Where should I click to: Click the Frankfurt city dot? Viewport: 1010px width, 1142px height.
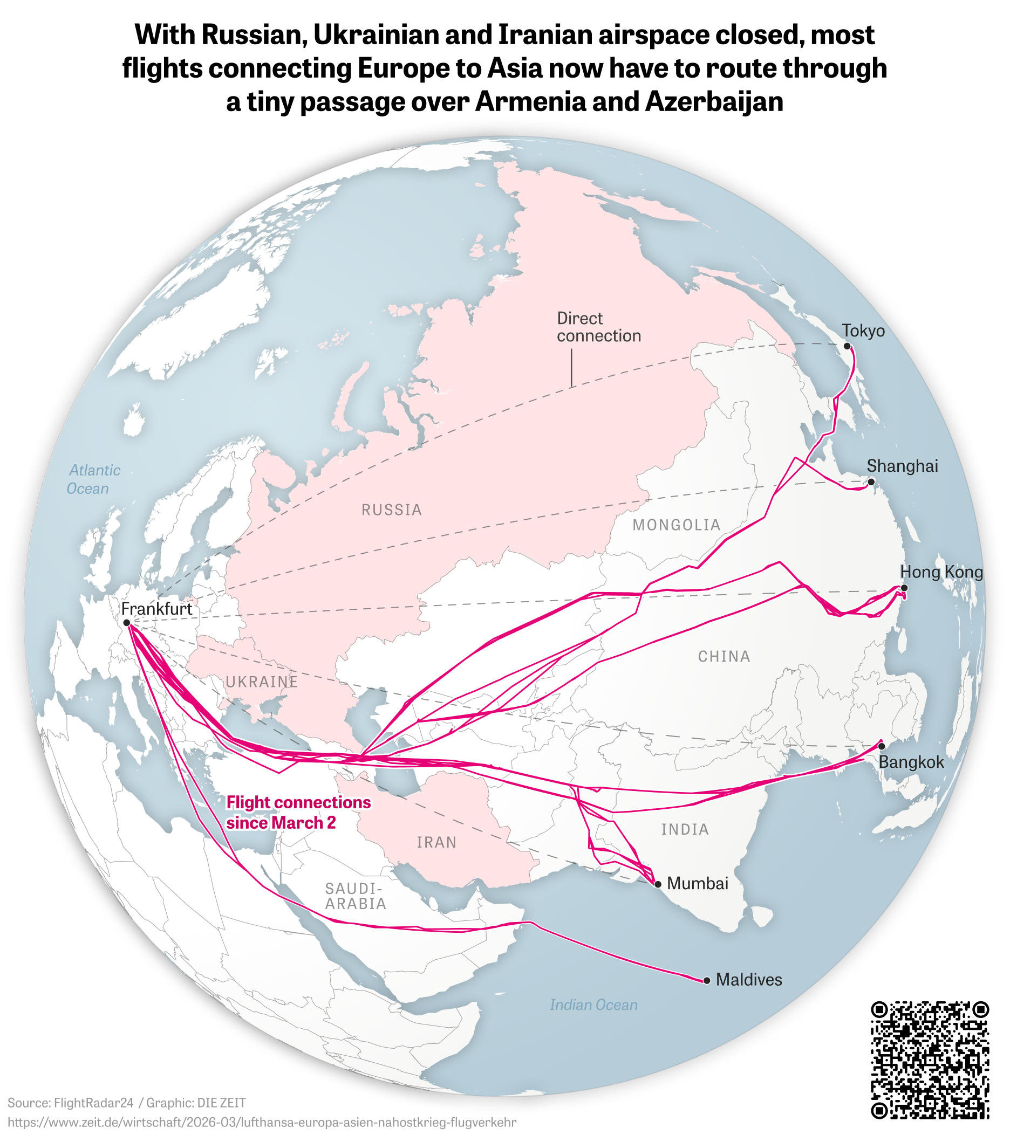(127, 622)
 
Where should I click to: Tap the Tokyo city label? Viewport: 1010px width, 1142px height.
(864, 331)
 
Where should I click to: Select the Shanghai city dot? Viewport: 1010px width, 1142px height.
(871, 481)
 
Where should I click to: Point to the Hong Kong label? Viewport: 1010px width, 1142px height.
(941, 572)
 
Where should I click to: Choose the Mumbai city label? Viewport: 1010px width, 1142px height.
(698, 883)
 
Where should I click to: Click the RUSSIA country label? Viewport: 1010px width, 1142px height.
(391, 510)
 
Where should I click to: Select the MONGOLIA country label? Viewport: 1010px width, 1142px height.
(677, 525)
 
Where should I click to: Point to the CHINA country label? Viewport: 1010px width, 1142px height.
(724, 656)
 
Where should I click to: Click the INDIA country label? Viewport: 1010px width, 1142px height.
(685, 829)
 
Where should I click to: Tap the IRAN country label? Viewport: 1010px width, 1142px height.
(436, 842)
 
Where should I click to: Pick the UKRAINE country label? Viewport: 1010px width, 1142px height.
(262, 682)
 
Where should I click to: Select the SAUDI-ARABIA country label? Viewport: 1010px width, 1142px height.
(356, 896)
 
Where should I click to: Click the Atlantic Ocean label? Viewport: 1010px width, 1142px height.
(92, 479)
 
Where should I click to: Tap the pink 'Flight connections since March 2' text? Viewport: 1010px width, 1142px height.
(298, 813)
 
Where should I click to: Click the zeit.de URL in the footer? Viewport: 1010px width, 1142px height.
(262, 1123)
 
